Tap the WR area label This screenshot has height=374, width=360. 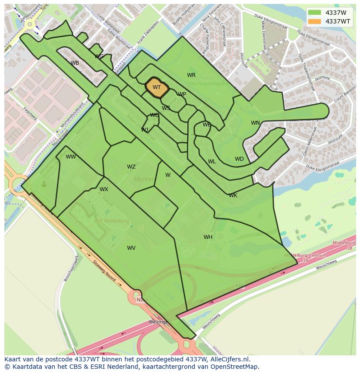(191, 75)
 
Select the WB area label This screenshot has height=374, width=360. (75, 63)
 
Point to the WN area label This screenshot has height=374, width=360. (255, 123)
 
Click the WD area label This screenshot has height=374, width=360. (239, 159)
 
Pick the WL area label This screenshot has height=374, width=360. (212, 162)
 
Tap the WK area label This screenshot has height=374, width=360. (233, 195)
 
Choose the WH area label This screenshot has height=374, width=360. (208, 237)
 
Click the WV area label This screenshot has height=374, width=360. (131, 248)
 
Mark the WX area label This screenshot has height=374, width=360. (104, 189)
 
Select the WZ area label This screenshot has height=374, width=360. (131, 167)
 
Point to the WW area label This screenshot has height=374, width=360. (71, 157)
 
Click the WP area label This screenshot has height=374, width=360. (182, 94)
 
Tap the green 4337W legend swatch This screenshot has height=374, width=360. (314, 13)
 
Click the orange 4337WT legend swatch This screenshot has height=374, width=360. (314, 21)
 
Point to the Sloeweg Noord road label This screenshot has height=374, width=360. (104, 271)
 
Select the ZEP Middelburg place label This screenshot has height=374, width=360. (112, 221)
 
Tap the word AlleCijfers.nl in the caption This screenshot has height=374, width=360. (229, 359)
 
